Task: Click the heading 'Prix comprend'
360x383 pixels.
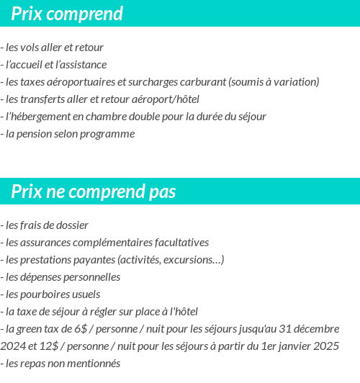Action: [67, 14]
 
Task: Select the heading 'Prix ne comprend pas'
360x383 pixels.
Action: [94, 192]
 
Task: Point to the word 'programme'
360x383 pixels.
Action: [111, 134]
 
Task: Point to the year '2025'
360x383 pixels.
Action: [326, 346]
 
